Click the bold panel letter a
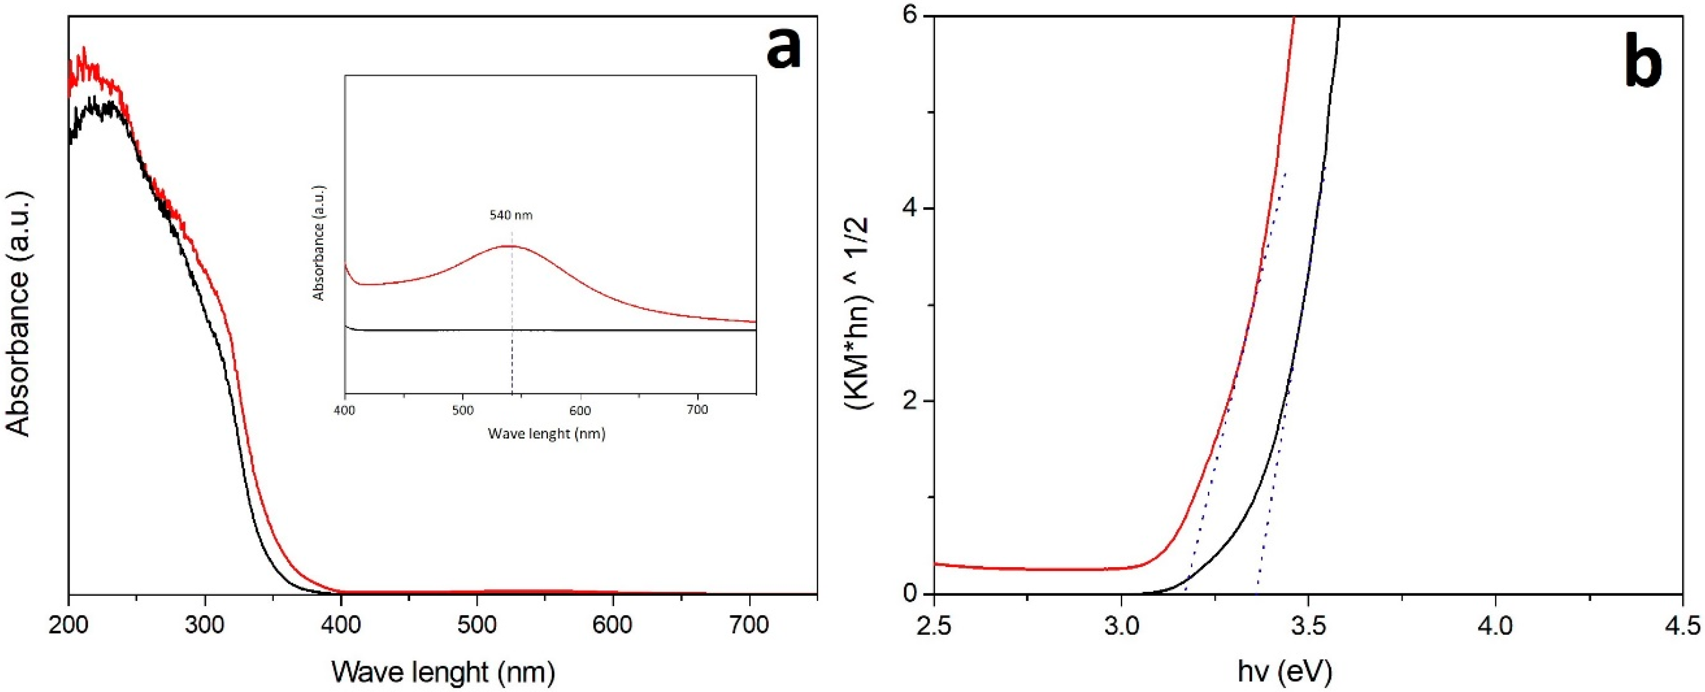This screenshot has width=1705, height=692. coord(784,50)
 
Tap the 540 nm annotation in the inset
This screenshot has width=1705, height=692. coord(511,215)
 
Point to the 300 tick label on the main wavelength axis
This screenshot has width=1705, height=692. coord(205,624)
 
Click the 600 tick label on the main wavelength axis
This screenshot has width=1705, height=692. coord(613,624)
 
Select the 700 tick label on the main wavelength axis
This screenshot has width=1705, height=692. coord(749,624)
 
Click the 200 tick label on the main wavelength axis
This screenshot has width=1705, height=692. coord(69,624)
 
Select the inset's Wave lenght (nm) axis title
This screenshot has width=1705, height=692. coord(547,434)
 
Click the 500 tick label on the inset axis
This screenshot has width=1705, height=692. coord(463,410)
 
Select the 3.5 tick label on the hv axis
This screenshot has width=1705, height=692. coord(1308,624)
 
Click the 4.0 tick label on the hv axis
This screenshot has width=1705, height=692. coord(1495,624)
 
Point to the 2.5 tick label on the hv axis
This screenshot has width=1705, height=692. coord(934,624)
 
